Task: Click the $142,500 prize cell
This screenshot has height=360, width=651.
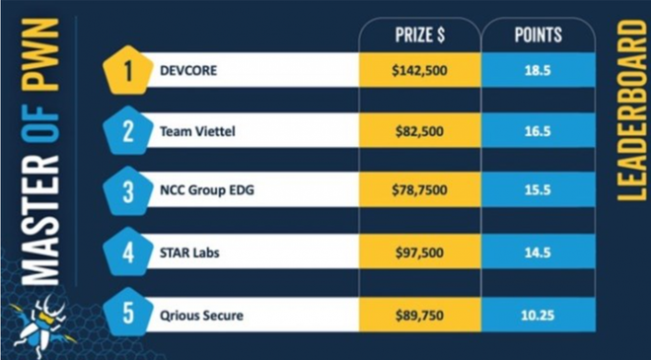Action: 419,72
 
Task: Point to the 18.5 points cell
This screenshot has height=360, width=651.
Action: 538,72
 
